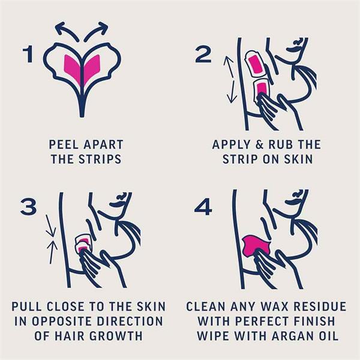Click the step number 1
(x=28, y=54)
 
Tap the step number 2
(x=203, y=55)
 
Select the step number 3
(x=28, y=207)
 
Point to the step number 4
(x=203, y=207)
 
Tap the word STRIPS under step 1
(x=100, y=159)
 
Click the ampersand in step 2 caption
(x=259, y=145)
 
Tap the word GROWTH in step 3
(x=116, y=336)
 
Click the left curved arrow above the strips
(x=67, y=31)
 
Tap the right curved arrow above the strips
(x=96, y=31)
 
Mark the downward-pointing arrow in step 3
(x=50, y=226)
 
